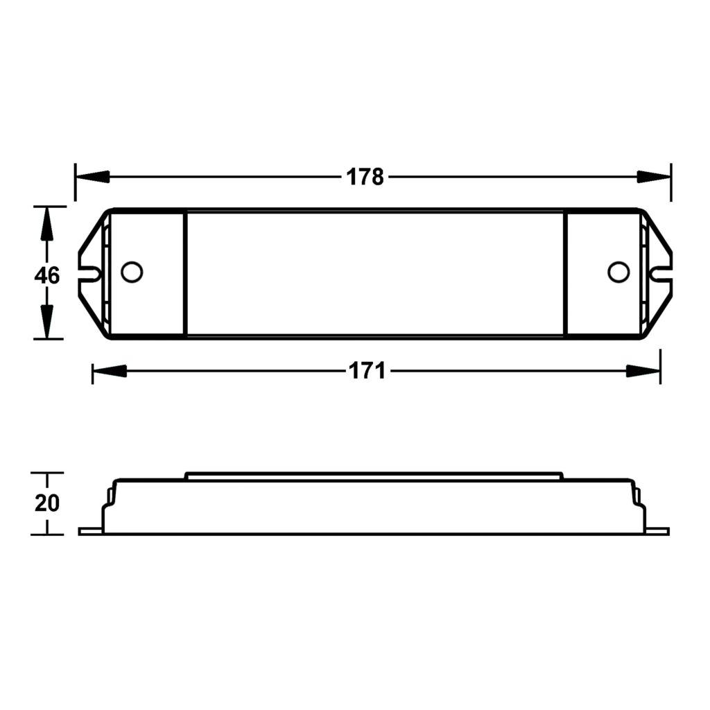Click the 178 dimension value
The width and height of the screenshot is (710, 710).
(365, 177)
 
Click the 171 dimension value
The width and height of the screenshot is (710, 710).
(366, 371)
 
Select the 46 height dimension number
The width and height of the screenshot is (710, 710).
(47, 275)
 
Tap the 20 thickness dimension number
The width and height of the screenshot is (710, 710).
(47, 503)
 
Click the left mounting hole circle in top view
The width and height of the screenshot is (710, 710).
(131, 272)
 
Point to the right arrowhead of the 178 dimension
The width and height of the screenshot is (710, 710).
(654, 177)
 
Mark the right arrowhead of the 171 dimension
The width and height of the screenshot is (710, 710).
(643, 371)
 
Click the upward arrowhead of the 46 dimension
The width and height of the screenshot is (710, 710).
(46, 223)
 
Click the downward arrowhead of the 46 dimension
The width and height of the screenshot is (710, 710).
(46, 322)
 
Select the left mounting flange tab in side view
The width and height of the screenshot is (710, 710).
(90, 531)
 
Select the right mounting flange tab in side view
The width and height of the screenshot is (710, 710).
(657, 531)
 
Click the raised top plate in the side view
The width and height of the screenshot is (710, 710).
(374, 476)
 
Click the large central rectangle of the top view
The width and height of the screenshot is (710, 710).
(374, 274)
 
